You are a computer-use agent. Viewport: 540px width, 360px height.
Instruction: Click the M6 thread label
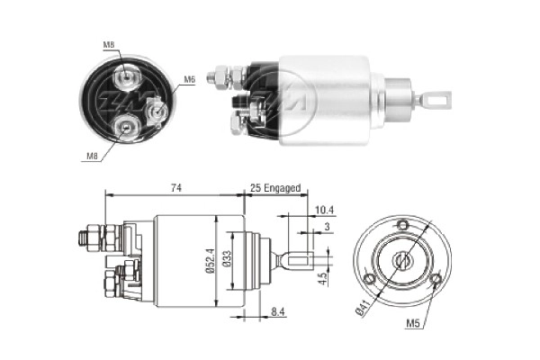[190, 80]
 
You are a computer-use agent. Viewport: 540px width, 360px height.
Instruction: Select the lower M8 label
[92, 156]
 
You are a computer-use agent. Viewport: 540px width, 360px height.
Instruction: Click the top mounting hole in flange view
[403, 225]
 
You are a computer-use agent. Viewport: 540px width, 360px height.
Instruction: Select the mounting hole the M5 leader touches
[436, 280]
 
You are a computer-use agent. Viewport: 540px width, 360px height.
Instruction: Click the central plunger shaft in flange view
[403, 260]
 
